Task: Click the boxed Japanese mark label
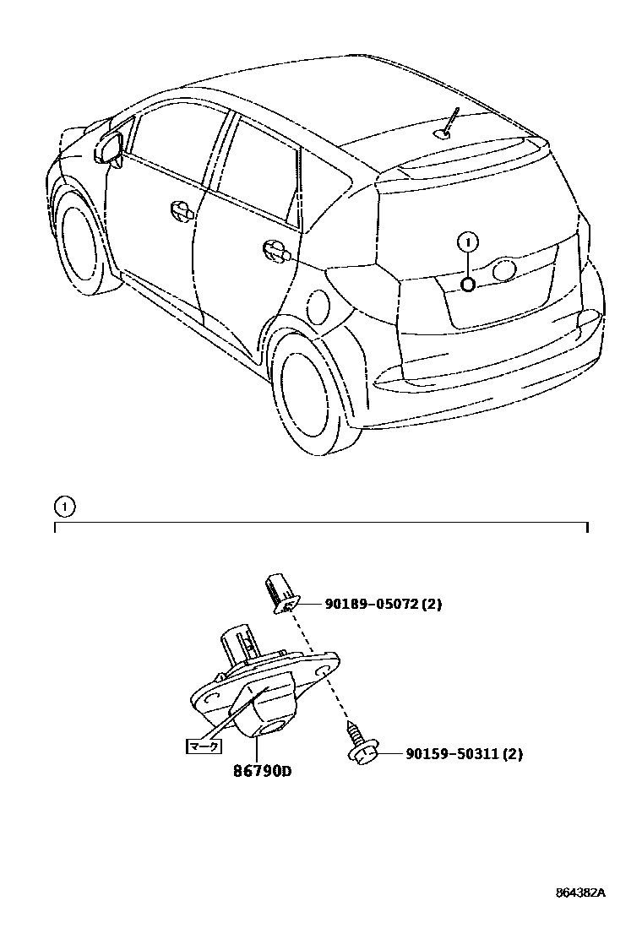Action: tap(203, 746)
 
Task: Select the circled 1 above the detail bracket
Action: tap(64, 507)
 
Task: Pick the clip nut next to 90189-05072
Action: tap(280, 592)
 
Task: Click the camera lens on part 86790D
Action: tap(273, 726)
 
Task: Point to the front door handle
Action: tap(182, 211)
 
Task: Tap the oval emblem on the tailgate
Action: tap(503, 270)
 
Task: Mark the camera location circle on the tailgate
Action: tap(468, 284)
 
